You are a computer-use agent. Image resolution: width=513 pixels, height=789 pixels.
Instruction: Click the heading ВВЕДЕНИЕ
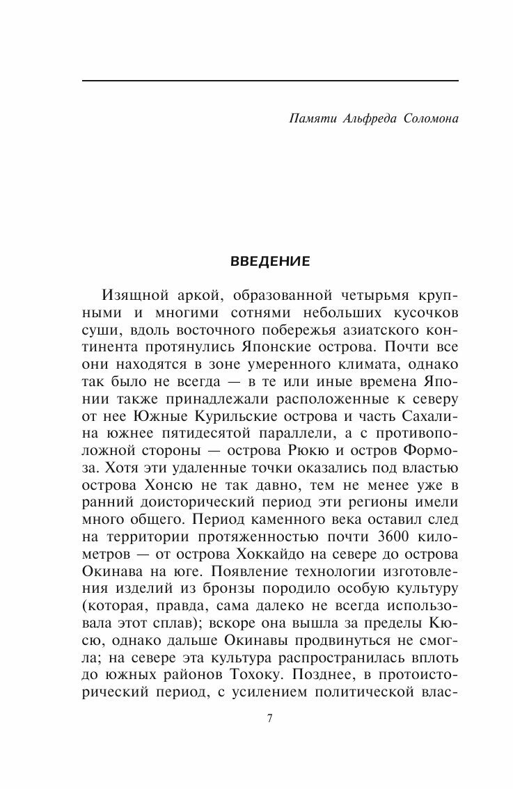(x=269, y=262)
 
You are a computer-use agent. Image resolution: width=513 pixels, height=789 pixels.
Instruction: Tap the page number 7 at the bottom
(x=269, y=718)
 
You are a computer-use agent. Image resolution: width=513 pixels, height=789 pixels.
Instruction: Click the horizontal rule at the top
(x=269, y=81)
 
